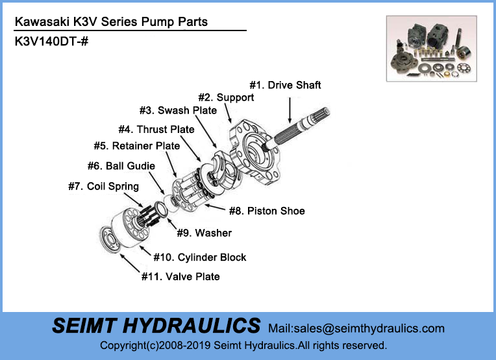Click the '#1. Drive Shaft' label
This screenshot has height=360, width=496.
point(286,85)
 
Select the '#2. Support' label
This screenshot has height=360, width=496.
point(226,97)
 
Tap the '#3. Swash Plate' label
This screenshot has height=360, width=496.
point(178,110)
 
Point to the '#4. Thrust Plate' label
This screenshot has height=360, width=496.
point(156,130)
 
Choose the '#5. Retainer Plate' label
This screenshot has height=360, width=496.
point(136,146)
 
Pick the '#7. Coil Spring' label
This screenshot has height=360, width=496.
point(103,187)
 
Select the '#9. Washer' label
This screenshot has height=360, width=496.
point(204,233)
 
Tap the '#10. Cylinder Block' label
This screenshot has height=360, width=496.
point(199,258)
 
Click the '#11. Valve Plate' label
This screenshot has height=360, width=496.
point(180,277)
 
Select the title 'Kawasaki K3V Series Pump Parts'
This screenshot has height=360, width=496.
point(111,22)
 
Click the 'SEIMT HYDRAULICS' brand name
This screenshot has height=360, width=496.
point(156,326)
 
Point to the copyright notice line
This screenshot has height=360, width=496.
point(243,345)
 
